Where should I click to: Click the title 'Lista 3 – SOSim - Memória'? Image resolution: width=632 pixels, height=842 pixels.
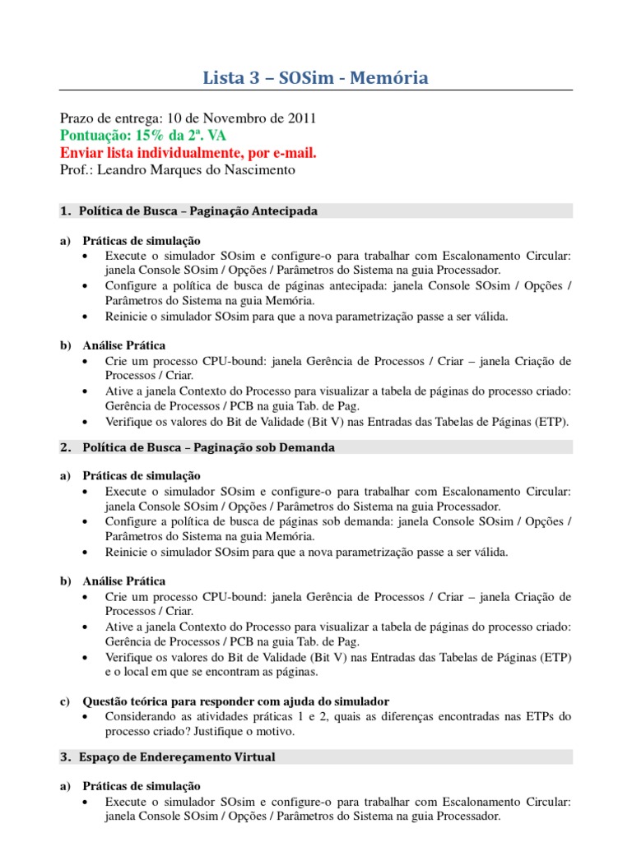(316, 78)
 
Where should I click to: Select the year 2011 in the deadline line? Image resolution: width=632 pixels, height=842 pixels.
(300, 119)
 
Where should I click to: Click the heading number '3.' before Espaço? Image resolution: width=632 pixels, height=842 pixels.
(66, 756)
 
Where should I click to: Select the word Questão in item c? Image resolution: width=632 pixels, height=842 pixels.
(105, 701)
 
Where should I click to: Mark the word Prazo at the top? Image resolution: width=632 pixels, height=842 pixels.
(77, 119)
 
